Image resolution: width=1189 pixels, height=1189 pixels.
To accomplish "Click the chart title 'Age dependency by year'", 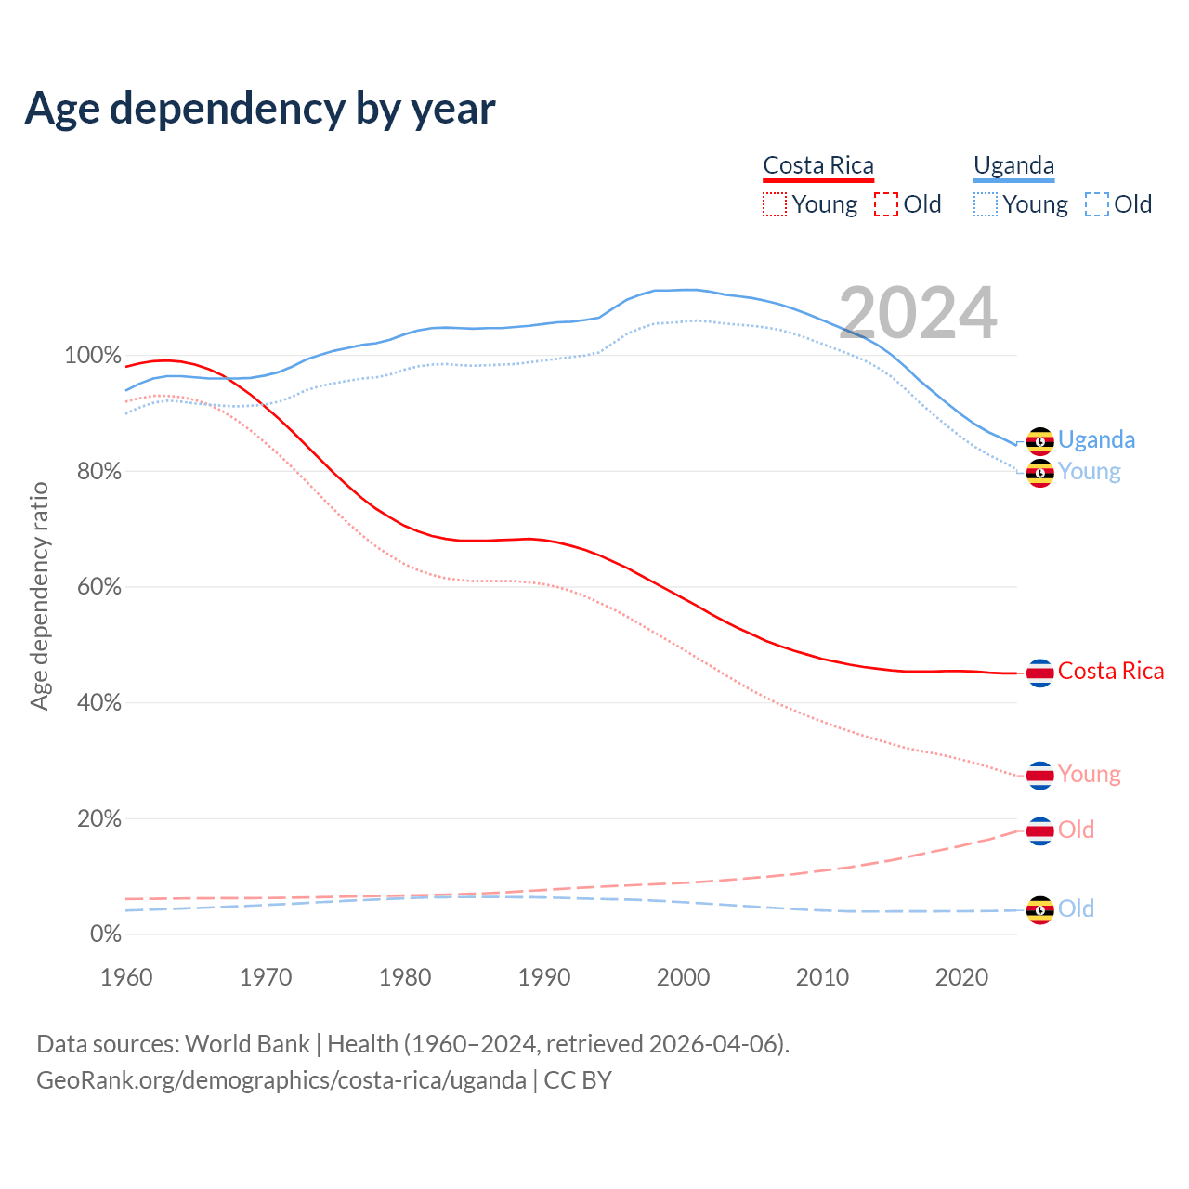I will [x=260, y=108].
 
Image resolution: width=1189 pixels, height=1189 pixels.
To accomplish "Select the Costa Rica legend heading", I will [x=818, y=166].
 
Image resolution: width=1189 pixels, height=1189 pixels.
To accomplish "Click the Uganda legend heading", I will [x=1013, y=166].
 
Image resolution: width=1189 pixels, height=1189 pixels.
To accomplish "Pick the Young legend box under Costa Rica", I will [x=775, y=204].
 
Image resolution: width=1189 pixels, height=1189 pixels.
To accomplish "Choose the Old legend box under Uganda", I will [x=1097, y=204].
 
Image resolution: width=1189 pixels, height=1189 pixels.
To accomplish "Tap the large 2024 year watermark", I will [x=918, y=313].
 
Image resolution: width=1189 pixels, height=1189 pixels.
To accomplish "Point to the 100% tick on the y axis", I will [x=93, y=356].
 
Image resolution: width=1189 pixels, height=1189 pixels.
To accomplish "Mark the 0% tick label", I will [x=105, y=934].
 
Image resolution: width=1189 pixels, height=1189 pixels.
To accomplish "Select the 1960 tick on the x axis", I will [x=126, y=977].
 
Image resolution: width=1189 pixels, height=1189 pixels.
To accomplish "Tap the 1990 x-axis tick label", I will [x=544, y=977].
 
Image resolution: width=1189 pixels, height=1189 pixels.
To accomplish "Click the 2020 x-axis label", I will [x=961, y=977].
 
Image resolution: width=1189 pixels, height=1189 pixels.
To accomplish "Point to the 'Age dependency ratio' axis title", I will [x=39, y=595].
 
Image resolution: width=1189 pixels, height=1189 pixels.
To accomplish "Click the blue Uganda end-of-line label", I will [x=1096, y=439].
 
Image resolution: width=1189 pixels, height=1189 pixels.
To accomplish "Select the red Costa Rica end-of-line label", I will [x=1110, y=672].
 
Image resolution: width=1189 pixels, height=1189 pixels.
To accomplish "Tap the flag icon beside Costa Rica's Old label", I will [x=1039, y=830].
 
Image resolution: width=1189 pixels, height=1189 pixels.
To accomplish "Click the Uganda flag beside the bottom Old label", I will [x=1039, y=909].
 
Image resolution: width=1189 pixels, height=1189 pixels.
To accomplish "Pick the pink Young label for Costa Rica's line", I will [x=1089, y=775].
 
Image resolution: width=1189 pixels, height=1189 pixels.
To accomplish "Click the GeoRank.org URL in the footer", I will [x=281, y=1080].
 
